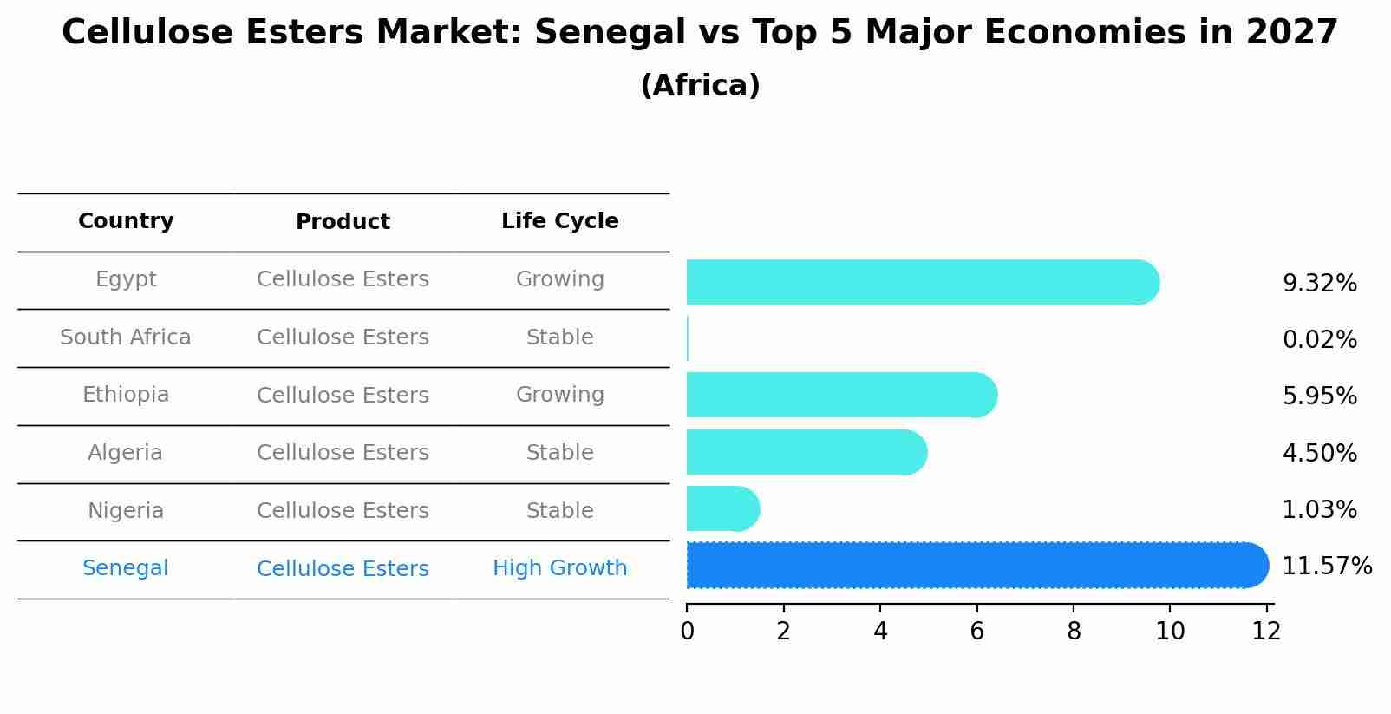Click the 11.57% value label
coord(1326,567)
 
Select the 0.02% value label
coord(1319,340)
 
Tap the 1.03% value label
coord(1319,510)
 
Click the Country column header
coord(126,221)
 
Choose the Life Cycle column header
coord(559,221)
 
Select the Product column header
coord(343,222)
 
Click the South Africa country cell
coord(126,337)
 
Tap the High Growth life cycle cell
coord(559,568)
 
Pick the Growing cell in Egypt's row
coord(559,279)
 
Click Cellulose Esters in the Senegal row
coord(343,569)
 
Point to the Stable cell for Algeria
coord(559,453)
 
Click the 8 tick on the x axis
coord(1074,632)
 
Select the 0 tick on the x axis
coord(687,632)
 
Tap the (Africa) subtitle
coord(700,86)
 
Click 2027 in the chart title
coord(1291,33)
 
